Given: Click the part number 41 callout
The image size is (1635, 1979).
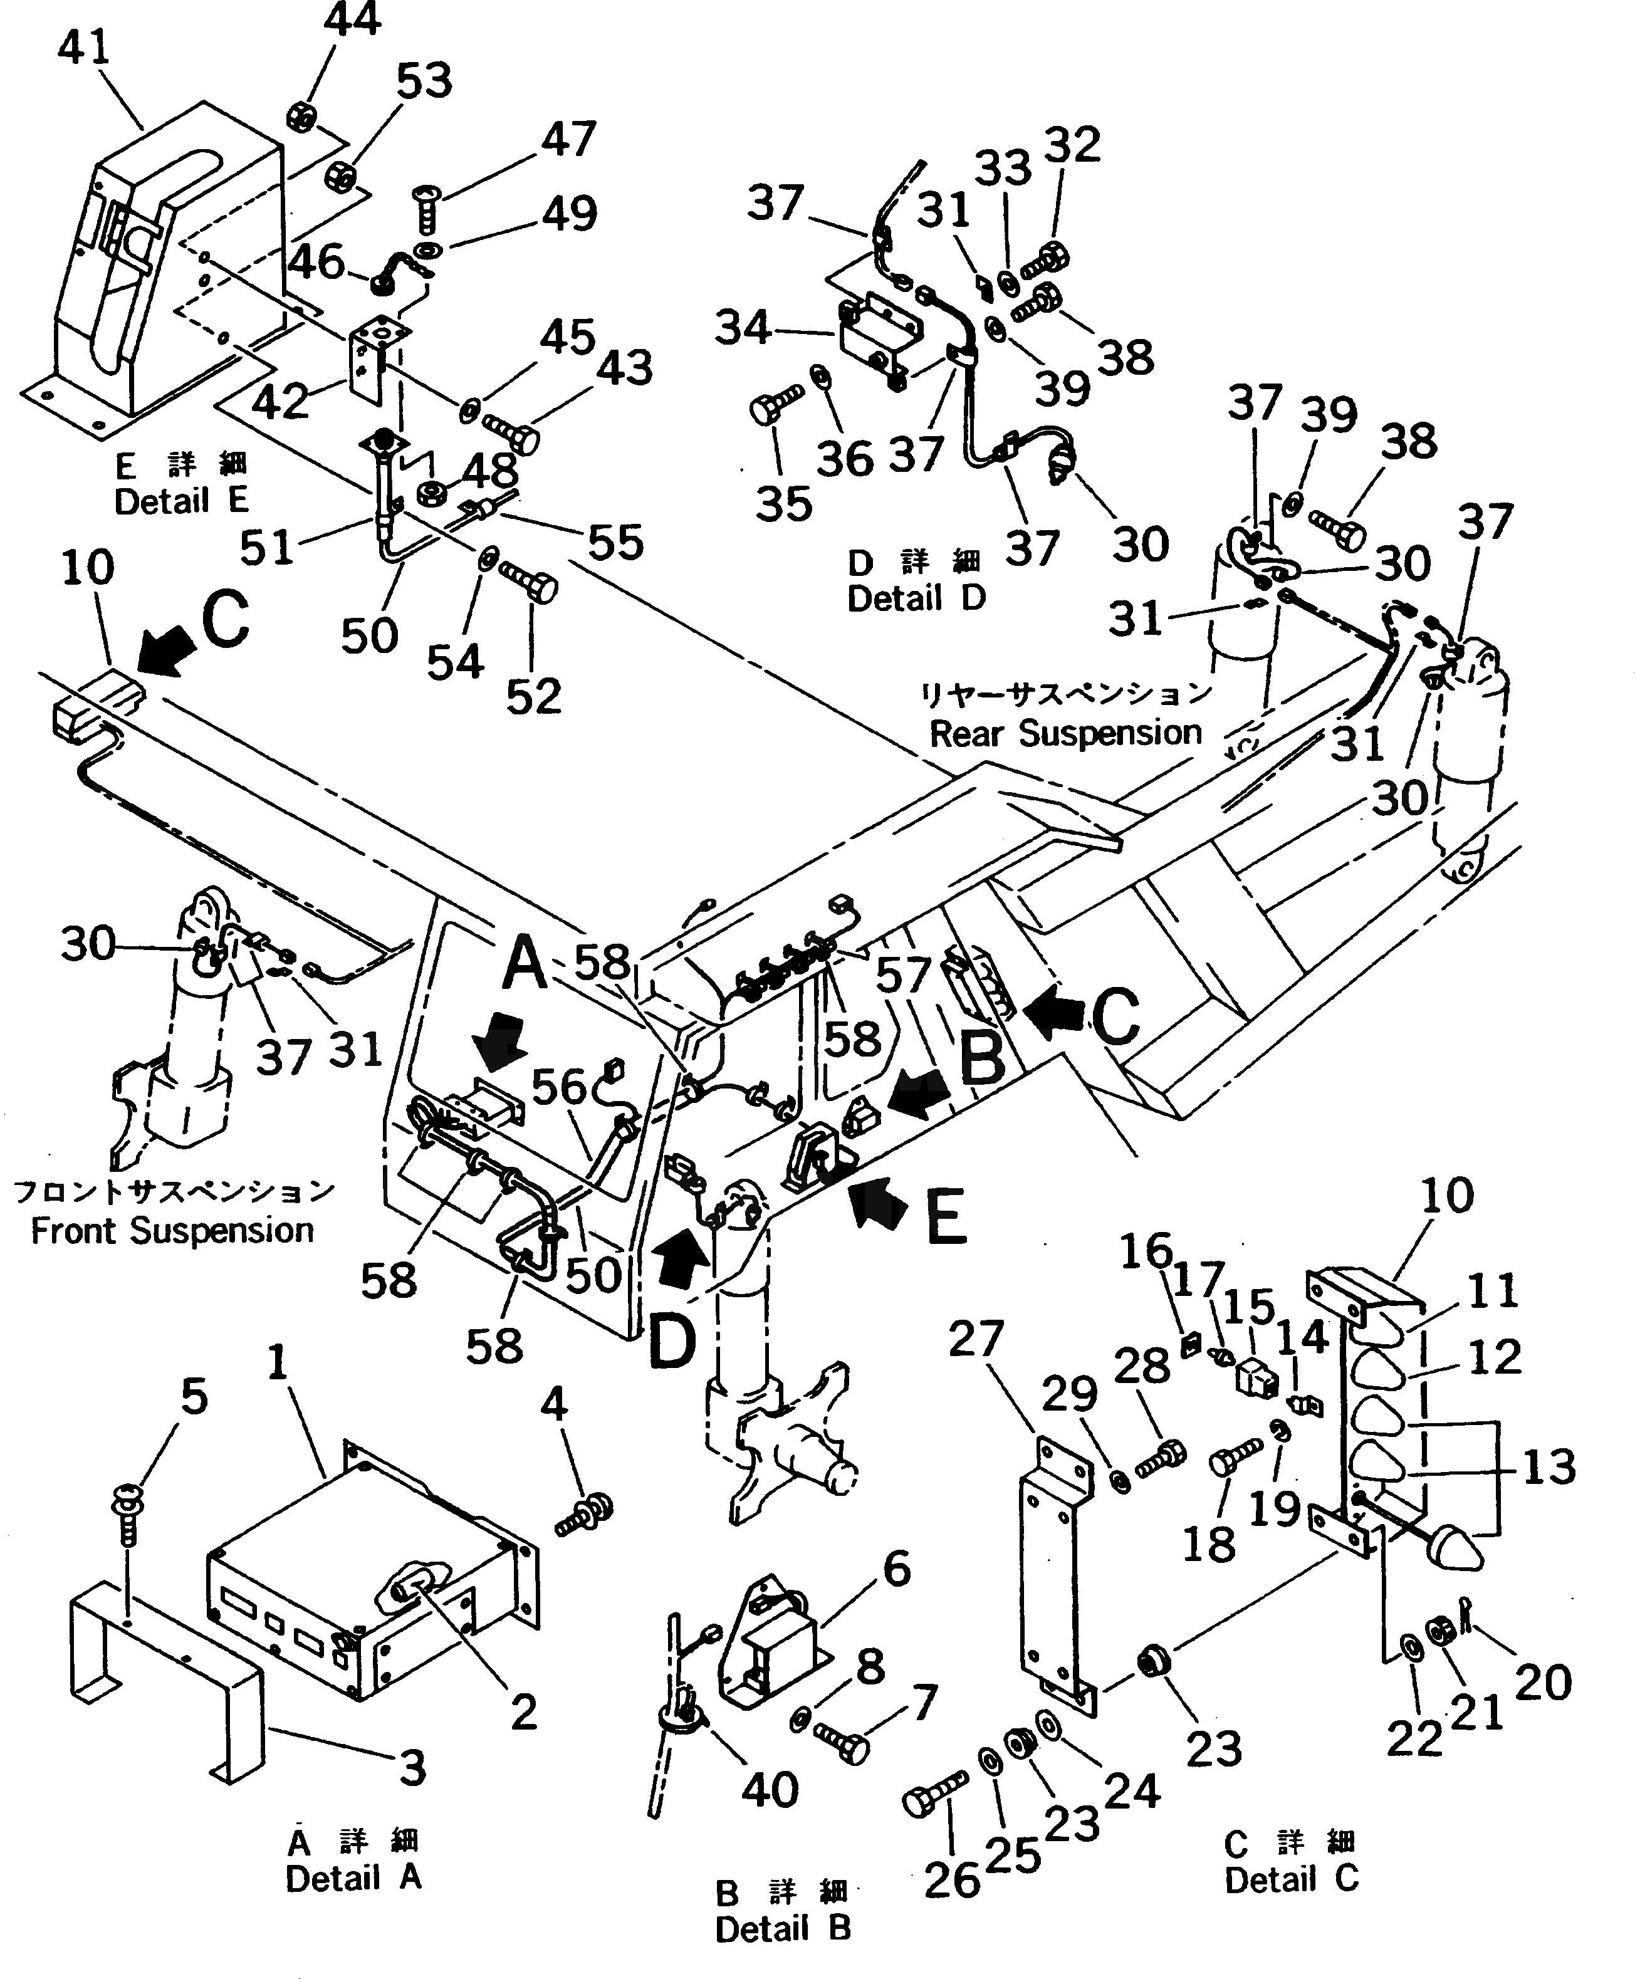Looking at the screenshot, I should pyautogui.click(x=84, y=47).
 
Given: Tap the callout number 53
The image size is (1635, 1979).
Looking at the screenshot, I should pyautogui.click(x=424, y=81).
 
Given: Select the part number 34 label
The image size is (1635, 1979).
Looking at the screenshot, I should pyautogui.click(x=743, y=328).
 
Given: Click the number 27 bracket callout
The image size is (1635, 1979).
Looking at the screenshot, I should pyautogui.click(x=976, y=1339).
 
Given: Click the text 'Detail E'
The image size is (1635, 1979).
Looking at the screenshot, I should pyautogui.click(x=181, y=501).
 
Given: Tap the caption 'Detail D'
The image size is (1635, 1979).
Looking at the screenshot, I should pyautogui.click(x=916, y=598).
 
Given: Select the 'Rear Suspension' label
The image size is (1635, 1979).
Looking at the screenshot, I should pyautogui.click(x=1065, y=733).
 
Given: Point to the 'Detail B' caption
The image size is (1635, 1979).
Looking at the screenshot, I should pyautogui.click(x=783, y=1928).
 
